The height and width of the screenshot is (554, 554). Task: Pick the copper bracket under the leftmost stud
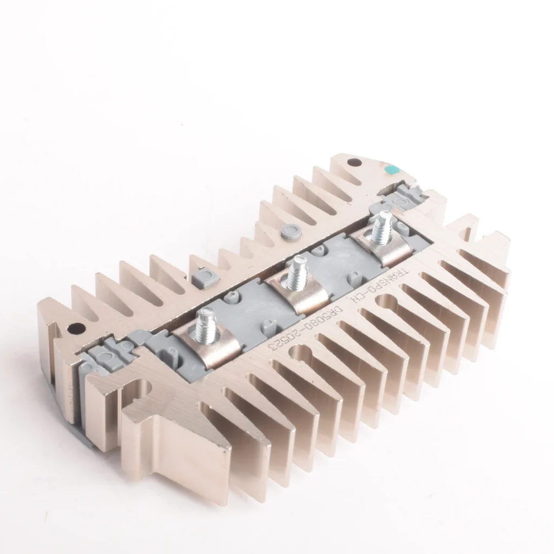209,346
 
